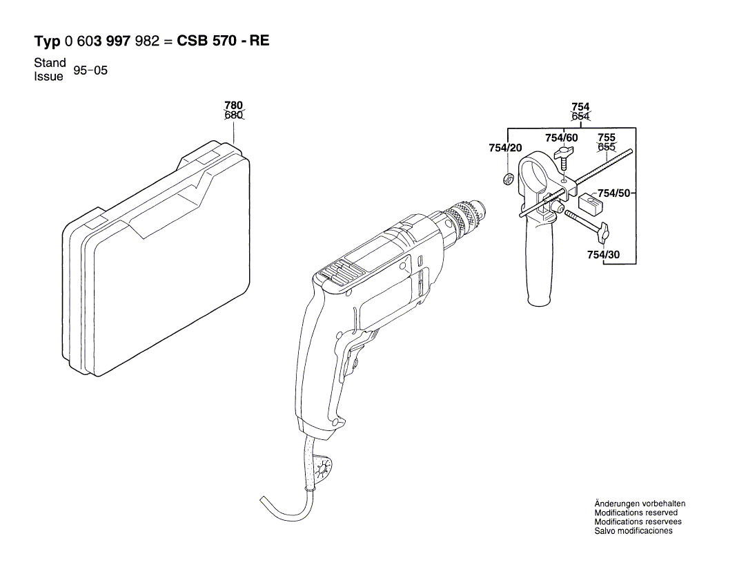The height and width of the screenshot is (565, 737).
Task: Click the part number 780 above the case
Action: click(234, 106)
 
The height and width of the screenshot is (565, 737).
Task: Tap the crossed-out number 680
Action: click(234, 115)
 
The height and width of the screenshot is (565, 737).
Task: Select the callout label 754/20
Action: click(505, 149)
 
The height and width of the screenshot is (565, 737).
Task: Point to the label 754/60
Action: click(561, 138)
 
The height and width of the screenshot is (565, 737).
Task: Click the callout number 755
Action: click(607, 137)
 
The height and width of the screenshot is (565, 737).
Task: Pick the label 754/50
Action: click(613, 193)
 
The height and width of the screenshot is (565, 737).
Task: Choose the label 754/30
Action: click(603, 255)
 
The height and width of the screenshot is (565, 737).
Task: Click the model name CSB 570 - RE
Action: click(224, 41)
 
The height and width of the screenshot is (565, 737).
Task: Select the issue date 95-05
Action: click(91, 70)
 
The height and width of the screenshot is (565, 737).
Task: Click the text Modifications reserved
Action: click(636, 513)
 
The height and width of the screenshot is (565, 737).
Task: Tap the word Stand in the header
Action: click(50, 62)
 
